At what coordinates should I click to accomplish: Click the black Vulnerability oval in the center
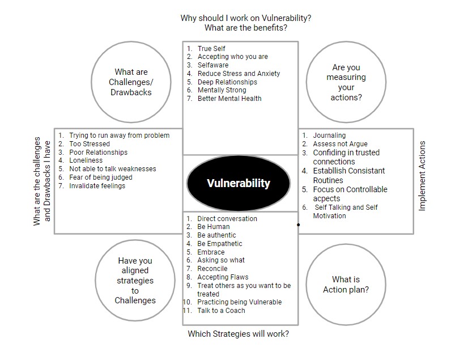pos(239,183)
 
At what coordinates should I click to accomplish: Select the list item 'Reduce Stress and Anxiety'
pos(239,74)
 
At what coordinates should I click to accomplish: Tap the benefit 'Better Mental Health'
pos(229,99)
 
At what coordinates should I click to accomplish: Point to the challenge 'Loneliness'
pos(86,160)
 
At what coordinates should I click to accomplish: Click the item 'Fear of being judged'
pos(101,177)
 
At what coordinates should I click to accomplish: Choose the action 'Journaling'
pos(329,135)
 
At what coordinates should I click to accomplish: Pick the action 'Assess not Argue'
pos(341,143)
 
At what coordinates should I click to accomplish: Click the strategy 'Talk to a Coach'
pos(221,311)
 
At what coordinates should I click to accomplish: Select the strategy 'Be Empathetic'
pos(220,243)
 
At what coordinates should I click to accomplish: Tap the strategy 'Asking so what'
pos(221,260)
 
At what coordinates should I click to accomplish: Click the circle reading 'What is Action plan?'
pos(346,285)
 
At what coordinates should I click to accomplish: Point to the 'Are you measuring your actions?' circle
pos(346,82)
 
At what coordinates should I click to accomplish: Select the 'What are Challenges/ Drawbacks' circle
pos(131,82)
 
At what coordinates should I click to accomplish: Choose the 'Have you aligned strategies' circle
pos(135,280)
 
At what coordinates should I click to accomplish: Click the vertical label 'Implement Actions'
pos(422,176)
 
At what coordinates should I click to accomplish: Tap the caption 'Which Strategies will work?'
pos(239,334)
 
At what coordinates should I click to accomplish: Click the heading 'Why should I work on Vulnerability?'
pos(246,18)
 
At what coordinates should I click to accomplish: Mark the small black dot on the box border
pos(298,225)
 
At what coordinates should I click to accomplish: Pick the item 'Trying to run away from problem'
pos(120,135)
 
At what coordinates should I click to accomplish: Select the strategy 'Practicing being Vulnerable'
pos(240,302)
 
